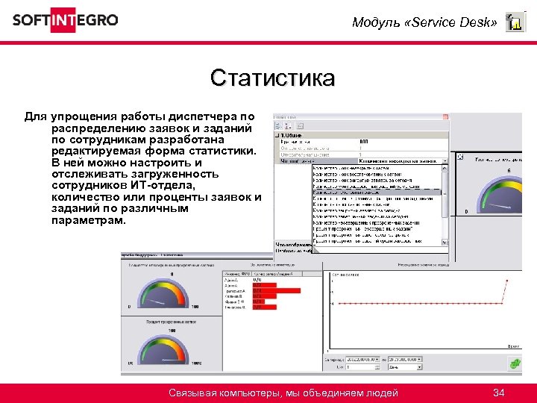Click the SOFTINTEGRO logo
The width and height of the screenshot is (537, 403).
tap(65, 20)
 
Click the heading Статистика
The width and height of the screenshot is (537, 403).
tap(272, 78)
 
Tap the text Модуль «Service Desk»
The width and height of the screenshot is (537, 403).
tap(424, 22)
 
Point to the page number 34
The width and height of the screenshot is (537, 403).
tap(499, 393)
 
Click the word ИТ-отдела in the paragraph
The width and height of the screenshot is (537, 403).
tap(160, 185)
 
